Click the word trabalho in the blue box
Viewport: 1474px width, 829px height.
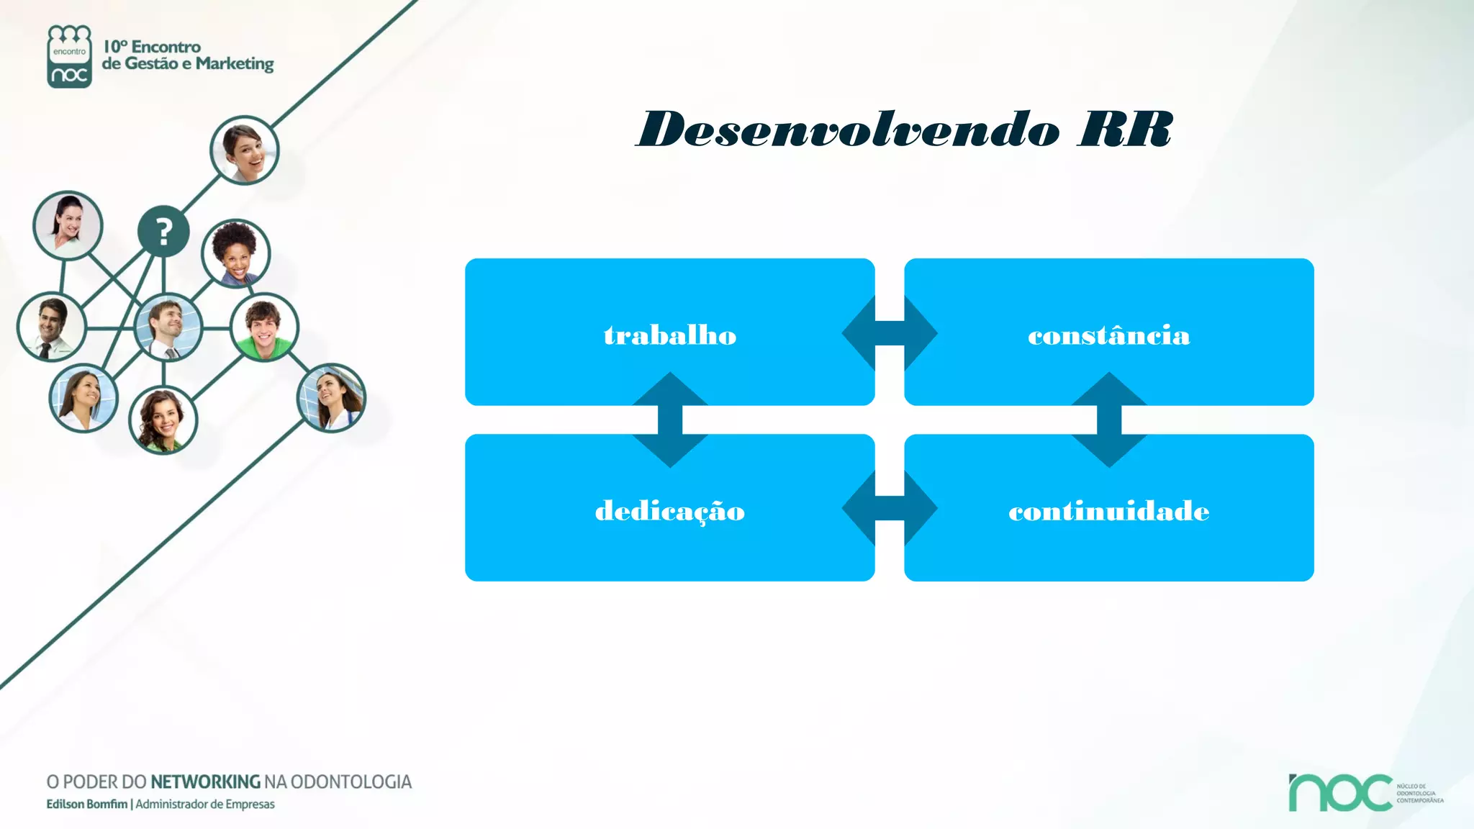tap(669, 336)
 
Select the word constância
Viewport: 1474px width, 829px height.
tap(1108, 336)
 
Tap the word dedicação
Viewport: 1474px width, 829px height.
tap(669, 512)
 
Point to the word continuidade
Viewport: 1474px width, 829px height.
tap(1108, 512)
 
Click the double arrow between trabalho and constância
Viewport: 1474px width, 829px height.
tap(890, 332)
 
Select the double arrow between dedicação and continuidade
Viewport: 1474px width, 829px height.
tap(890, 508)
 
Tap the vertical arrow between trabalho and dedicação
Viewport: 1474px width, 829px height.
tap(670, 420)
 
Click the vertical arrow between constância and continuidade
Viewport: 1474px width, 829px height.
tap(1109, 420)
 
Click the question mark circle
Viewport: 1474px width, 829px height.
tap(163, 232)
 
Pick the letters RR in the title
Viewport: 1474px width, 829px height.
tap(1125, 130)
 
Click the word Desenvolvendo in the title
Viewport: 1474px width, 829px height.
tap(849, 130)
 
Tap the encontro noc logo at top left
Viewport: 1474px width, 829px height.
tap(69, 56)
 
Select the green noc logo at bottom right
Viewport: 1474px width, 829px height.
tap(1340, 792)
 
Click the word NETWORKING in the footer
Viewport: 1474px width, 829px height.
tap(205, 782)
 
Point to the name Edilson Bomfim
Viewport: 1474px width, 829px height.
tap(86, 804)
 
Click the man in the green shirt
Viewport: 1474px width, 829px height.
tap(264, 327)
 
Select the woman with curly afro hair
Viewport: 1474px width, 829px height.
tap(235, 253)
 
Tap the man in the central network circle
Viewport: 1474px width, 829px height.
tap(168, 327)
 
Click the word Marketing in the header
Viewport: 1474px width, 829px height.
tap(235, 64)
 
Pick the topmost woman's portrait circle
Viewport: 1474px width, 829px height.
tap(244, 150)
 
